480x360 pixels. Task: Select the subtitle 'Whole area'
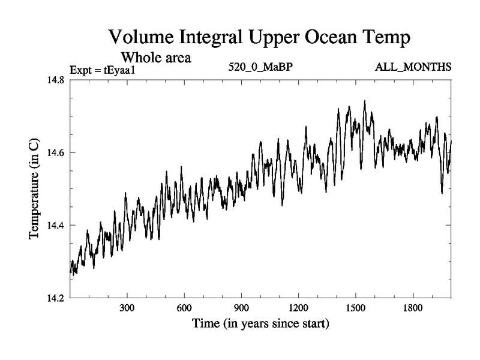156,58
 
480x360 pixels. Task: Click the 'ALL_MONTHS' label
412,67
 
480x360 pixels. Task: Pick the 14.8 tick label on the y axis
53,80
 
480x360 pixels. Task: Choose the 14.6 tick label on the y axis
53,153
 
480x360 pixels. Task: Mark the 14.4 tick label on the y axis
53,225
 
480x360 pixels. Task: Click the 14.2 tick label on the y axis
53,298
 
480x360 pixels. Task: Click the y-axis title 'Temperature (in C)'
34,189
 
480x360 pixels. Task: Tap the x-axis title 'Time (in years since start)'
260,325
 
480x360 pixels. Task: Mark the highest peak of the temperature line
365,101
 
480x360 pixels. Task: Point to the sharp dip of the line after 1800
442,193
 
